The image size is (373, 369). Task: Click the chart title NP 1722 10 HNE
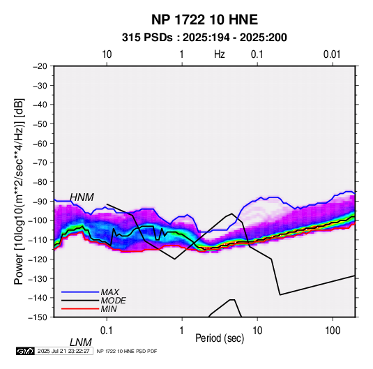coord(204,20)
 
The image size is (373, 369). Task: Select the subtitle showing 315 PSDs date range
coord(204,38)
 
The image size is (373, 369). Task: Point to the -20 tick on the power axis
coord(40,66)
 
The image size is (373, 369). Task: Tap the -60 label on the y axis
coord(40,143)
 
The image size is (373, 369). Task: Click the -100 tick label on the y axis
coord(38,220)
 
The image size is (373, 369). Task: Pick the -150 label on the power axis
coord(38,317)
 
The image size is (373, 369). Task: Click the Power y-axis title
coord(19,191)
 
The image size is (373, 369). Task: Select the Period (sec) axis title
coord(220,338)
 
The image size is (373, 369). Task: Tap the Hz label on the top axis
coord(220,54)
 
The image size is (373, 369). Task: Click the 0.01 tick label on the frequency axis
coord(332,54)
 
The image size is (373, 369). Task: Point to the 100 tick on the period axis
coord(333,331)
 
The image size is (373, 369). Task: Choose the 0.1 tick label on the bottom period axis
coord(107,331)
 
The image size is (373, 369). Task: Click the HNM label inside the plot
coord(82,197)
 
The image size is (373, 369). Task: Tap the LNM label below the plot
coord(81,342)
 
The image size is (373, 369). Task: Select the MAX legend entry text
coord(110,292)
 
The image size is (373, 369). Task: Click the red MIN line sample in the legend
coord(80,309)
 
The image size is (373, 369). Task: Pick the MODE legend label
coord(113,301)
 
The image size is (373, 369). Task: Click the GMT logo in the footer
coord(25,351)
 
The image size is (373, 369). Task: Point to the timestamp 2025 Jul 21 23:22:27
coord(63,351)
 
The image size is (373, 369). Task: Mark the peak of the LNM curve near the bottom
coord(232,300)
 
